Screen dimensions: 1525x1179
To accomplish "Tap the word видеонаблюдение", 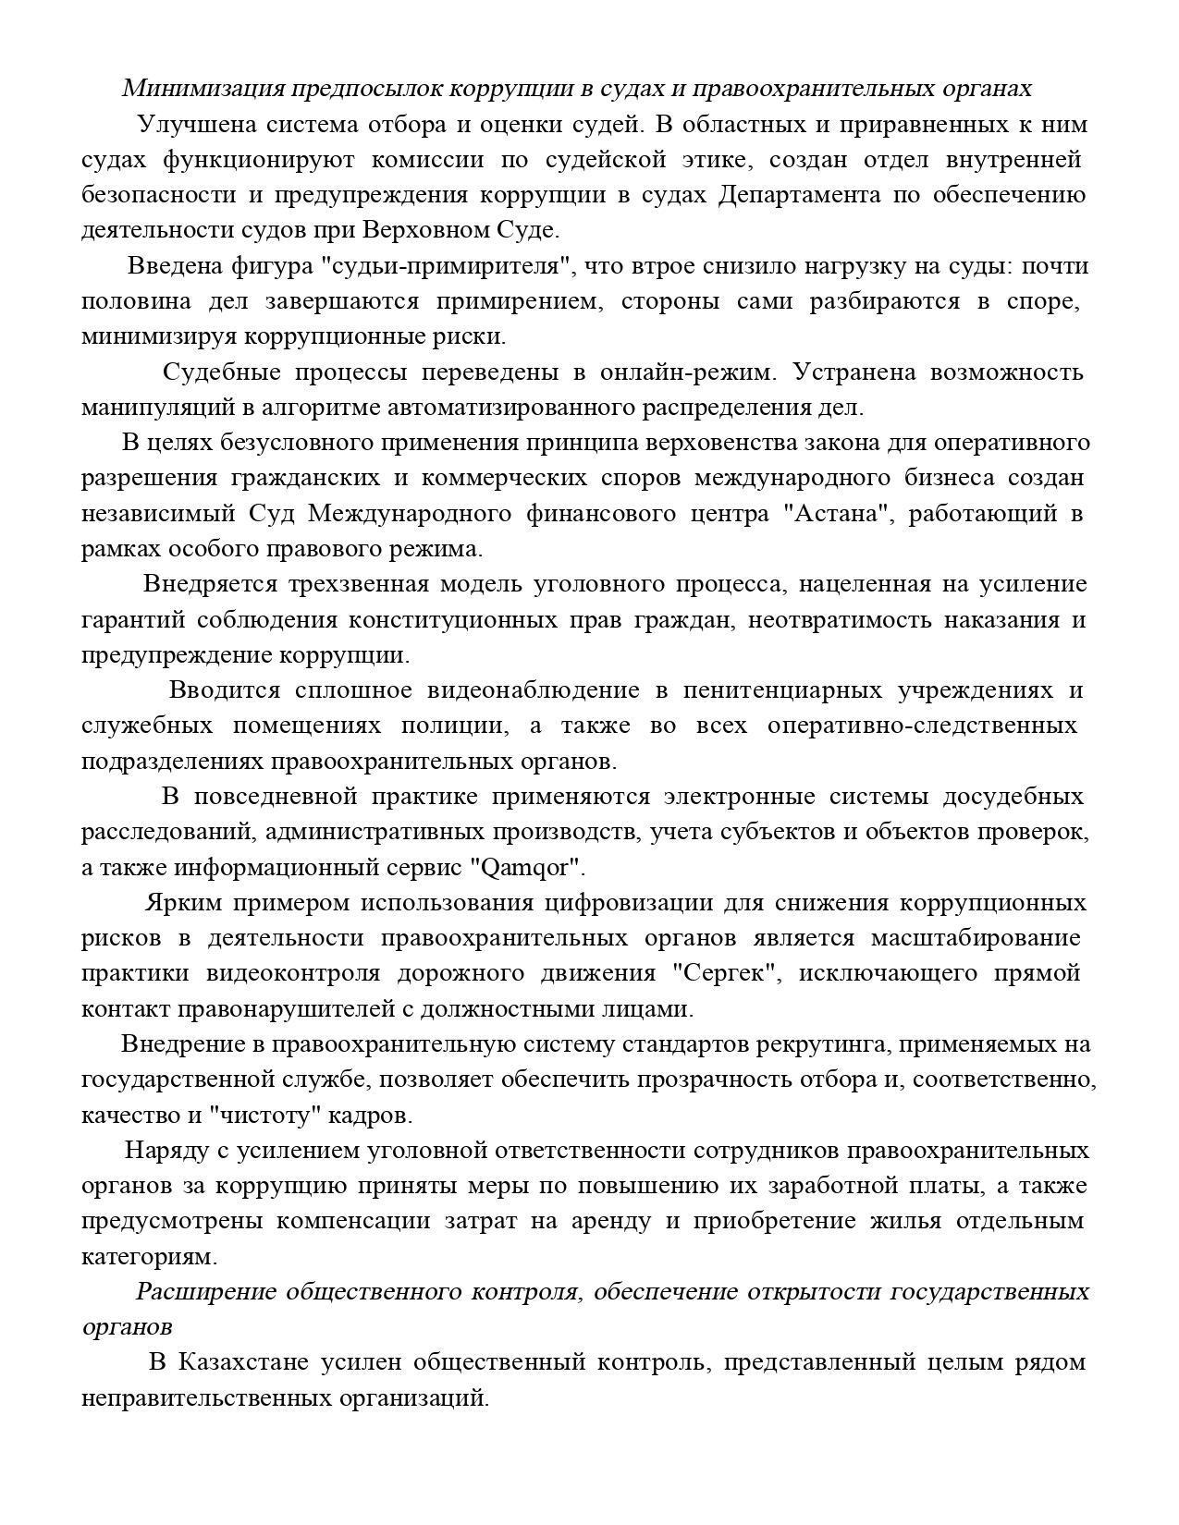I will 534,690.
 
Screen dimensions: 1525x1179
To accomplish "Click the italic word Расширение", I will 206,1292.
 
